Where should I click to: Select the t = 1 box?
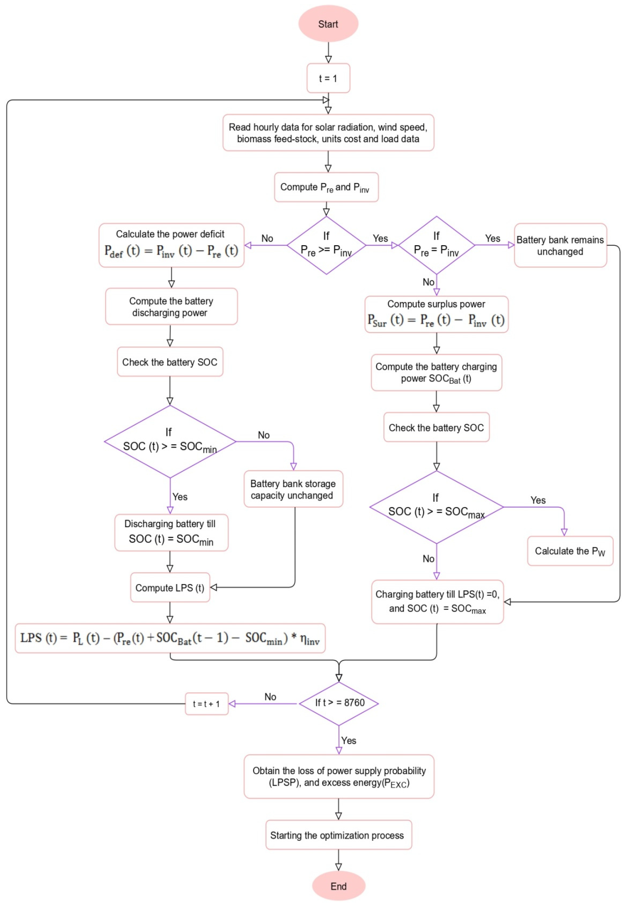[328, 78]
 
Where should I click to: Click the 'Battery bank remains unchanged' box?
[560, 245]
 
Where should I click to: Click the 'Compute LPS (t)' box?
[170, 587]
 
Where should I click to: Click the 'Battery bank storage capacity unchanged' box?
[293, 489]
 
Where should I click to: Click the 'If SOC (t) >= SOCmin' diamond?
[170, 441]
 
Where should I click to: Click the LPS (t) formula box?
[170, 638]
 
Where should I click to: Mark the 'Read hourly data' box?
[328, 133]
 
